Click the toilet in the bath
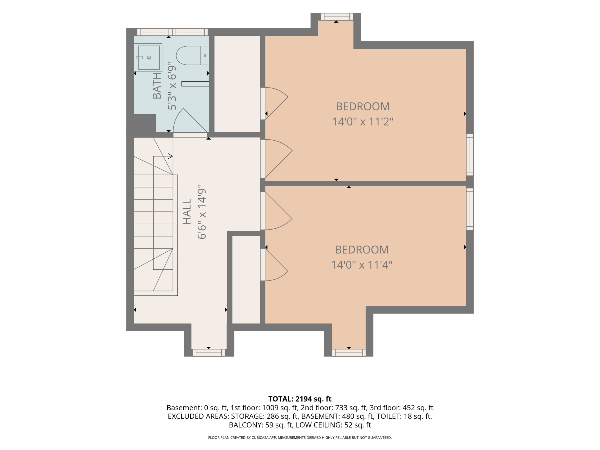(x=192, y=55)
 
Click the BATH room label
(x=157, y=86)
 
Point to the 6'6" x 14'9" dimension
(x=202, y=212)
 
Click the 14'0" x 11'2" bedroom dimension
(x=363, y=121)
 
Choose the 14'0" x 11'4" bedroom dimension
(x=362, y=264)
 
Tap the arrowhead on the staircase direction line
(x=170, y=156)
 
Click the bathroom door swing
(x=191, y=121)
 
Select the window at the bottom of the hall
(x=208, y=352)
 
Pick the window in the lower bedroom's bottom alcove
(x=349, y=352)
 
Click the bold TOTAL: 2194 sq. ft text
(x=300, y=399)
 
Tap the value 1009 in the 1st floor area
(x=270, y=408)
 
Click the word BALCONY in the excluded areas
(x=246, y=425)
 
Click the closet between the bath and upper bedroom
(x=237, y=84)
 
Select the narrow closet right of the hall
(x=246, y=280)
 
